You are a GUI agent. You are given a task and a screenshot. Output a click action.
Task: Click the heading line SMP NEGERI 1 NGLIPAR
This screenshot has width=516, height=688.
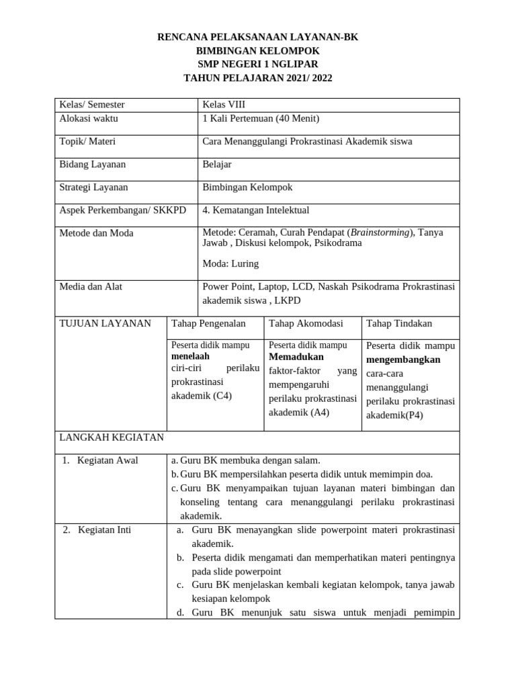(x=257, y=64)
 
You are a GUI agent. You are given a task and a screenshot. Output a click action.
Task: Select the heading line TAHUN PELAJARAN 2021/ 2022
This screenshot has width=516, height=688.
(x=257, y=78)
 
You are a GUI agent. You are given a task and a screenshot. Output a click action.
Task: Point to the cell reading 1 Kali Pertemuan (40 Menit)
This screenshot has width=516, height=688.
(x=261, y=119)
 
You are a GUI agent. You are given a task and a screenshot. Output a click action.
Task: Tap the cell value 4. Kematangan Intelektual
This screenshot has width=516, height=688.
(x=256, y=210)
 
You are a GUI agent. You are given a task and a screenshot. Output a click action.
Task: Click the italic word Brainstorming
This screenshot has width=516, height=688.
(x=380, y=232)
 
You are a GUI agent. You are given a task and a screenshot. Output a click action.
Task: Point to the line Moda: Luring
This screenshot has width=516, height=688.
(x=230, y=263)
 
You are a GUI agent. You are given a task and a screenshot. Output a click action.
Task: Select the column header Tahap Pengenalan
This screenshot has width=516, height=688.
(x=209, y=324)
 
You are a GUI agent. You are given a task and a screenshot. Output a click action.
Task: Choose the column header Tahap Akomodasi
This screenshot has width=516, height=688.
(x=306, y=324)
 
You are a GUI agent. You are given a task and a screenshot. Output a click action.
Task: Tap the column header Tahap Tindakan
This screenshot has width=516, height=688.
(x=399, y=324)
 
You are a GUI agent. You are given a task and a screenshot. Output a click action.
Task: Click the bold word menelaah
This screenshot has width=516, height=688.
(x=191, y=355)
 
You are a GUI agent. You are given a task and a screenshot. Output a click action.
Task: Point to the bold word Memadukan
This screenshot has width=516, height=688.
(x=296, y=357)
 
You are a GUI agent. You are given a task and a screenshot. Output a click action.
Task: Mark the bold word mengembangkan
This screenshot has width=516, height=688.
(x=403, y=359)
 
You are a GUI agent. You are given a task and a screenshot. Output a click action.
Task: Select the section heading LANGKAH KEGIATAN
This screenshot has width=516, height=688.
(x=112, y=437)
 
